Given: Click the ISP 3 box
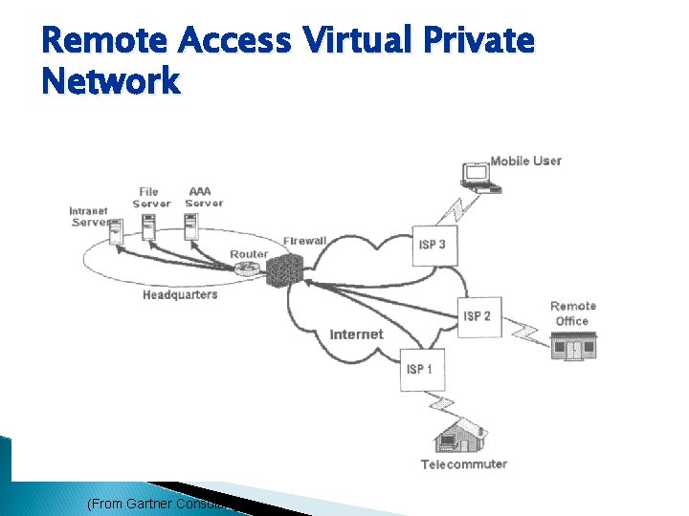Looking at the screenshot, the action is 432,246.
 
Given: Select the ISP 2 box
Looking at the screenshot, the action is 477,316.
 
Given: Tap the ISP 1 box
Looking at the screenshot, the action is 419,370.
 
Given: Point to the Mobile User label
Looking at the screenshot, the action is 525,161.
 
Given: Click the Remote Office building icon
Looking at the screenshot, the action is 574,347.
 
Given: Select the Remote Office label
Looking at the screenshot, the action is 572,313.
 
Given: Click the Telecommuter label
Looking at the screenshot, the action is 464,464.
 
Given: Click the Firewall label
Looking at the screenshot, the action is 305,241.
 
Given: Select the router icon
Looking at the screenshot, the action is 244,269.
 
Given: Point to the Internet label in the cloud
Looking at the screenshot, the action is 356,334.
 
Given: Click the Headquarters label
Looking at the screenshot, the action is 180,295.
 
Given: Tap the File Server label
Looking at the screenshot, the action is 151,197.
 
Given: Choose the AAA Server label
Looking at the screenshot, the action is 204,197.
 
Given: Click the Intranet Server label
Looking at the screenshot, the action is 89,217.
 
